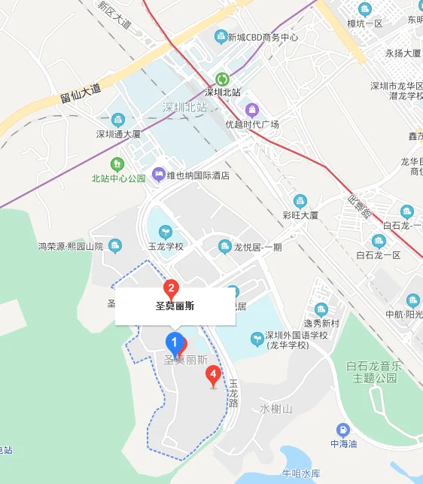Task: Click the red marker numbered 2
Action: click(172, 288)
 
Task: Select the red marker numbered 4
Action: click(214, 373)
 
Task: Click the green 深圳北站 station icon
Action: click(222, 78)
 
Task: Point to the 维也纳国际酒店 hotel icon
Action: click(159, 175)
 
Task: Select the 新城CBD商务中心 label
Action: click(263, 37)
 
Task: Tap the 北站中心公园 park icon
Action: click(117, 163)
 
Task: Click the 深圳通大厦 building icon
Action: click(117, 120)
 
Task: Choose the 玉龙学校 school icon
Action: click(165, 232)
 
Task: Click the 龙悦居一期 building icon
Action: click(224, 246)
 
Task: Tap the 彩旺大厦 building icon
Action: click(300, 200)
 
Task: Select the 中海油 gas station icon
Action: click(342, 430)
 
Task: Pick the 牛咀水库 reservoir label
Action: click(301, 473)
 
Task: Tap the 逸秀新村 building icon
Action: click(321, 309)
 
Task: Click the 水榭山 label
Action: click(275, 409)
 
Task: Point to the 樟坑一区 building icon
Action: click(366, 9)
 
